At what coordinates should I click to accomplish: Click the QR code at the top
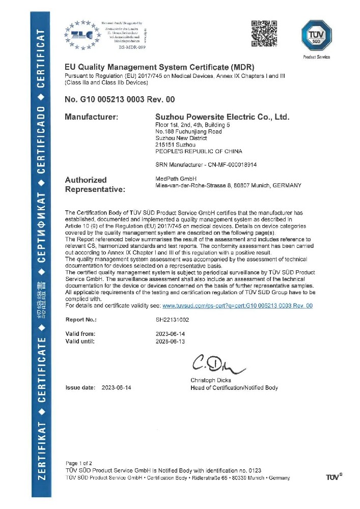pyautogui.click(x=265, y=32)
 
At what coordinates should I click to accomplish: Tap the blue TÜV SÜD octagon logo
pyautogui.click(x=317, y=35)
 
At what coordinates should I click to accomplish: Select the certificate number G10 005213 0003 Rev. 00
pyautogui.click(x=120, y=99)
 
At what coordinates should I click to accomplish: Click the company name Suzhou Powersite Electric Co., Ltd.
pyautogui.click(x=222, y=117)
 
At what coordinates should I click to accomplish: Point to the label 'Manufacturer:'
pyautogui.click(x=92, y=117)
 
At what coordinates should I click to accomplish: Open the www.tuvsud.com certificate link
pyautogui.click(x=237, y=306)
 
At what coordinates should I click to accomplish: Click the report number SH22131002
pyautogui.click(x=173, y=320)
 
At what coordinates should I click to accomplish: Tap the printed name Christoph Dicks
pyautogui.click(x=211, y=380)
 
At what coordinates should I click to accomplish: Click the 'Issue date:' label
pyautogui.click(x=80, y=388)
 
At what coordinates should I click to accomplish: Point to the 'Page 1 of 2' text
pyautogui.click(x=79, y=463)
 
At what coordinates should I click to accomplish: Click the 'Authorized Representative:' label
pyautogui.click(x=95, y=184)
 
